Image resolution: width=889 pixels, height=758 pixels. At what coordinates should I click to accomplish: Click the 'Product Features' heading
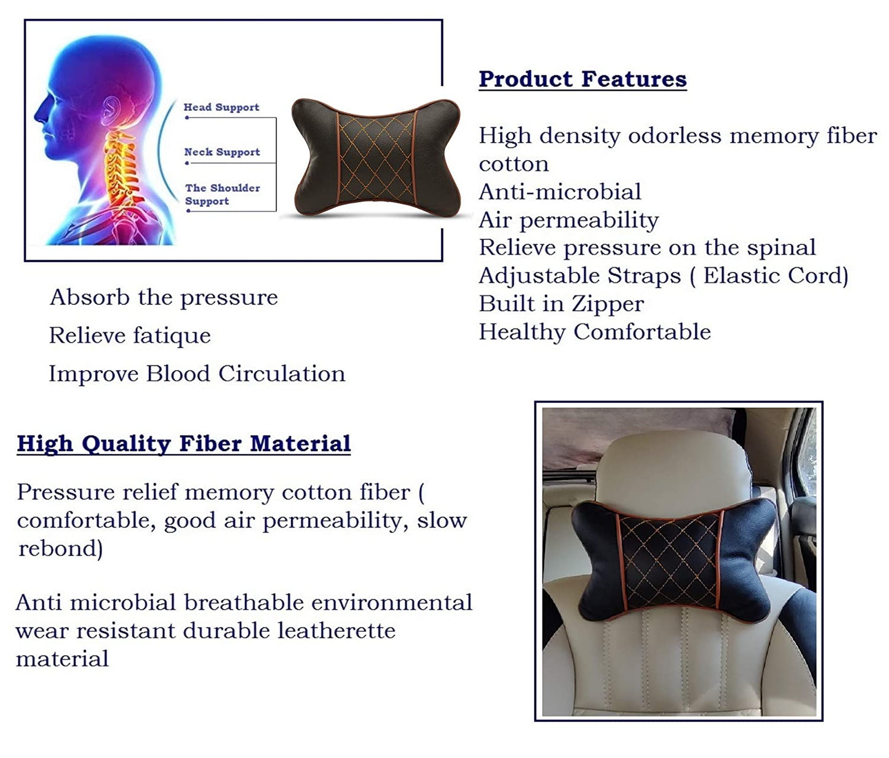(583, 79)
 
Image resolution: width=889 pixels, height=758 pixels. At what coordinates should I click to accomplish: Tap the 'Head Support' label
(221, 107)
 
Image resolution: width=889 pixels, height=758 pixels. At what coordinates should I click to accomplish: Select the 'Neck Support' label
(222, 152)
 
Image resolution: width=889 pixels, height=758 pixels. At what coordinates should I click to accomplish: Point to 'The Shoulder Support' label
(222, 194)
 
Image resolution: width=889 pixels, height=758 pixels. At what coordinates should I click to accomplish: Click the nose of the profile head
(39, 113)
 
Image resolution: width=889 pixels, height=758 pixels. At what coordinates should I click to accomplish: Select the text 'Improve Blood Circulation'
(197, 374)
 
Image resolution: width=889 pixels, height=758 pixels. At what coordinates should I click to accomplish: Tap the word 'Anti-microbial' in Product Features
(560, 192)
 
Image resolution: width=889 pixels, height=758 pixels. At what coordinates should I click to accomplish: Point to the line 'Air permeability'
(568, 221)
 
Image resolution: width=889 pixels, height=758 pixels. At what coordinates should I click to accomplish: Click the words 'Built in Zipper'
(561, 305)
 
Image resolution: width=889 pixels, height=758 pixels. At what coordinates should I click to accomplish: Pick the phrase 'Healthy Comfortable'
(595, 332)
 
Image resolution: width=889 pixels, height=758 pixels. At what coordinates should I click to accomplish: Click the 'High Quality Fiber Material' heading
(184, 444)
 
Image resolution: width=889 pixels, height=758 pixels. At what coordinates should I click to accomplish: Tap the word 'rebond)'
(61, 549)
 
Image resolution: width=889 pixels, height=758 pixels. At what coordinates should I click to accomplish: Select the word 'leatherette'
(337, 631)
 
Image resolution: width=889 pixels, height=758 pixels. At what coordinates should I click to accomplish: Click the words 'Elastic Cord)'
(776, 276)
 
